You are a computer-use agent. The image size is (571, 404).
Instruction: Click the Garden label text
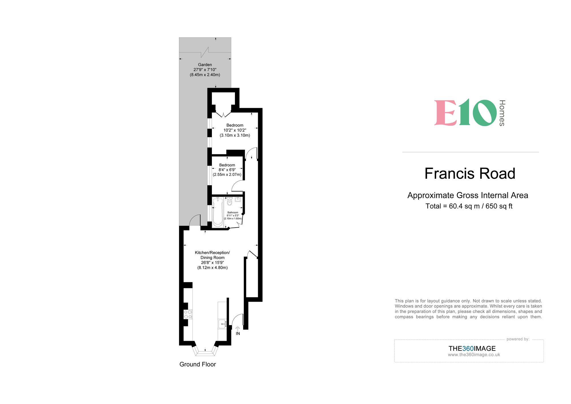(205, 65)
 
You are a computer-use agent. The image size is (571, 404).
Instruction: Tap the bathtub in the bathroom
(218, 212)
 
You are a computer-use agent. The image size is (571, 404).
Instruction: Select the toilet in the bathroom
(229, 202)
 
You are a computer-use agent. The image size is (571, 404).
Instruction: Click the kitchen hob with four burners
(188, 314)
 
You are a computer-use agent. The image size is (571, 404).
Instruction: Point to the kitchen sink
(222, 324)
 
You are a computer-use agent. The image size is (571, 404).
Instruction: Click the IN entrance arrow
(238, 329)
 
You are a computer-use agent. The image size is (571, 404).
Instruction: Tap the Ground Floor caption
(198, 364)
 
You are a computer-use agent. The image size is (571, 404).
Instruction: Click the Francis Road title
(470, 174)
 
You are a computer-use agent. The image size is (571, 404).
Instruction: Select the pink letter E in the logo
(445, 113)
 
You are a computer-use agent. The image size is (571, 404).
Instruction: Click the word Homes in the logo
(502, 113)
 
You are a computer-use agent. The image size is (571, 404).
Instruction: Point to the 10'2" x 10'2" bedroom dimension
(235, 130)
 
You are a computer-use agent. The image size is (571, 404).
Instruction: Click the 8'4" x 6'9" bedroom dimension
(227, 170)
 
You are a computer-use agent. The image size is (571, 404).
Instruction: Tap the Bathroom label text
(233, 212)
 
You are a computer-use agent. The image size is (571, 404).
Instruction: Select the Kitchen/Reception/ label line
(212, 253)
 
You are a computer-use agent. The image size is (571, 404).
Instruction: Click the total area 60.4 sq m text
(469, 206)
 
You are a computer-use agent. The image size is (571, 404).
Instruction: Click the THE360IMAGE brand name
(472, 349)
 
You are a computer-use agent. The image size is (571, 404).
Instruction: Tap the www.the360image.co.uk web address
(474, 355)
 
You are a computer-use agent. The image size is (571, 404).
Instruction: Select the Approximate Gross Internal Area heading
(468, 195)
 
